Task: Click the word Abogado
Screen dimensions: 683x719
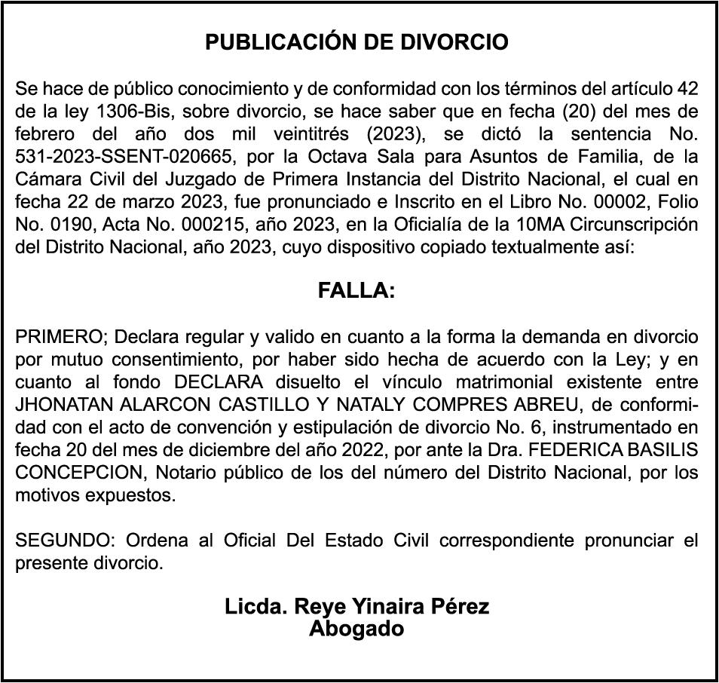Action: [x=356, y=629]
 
